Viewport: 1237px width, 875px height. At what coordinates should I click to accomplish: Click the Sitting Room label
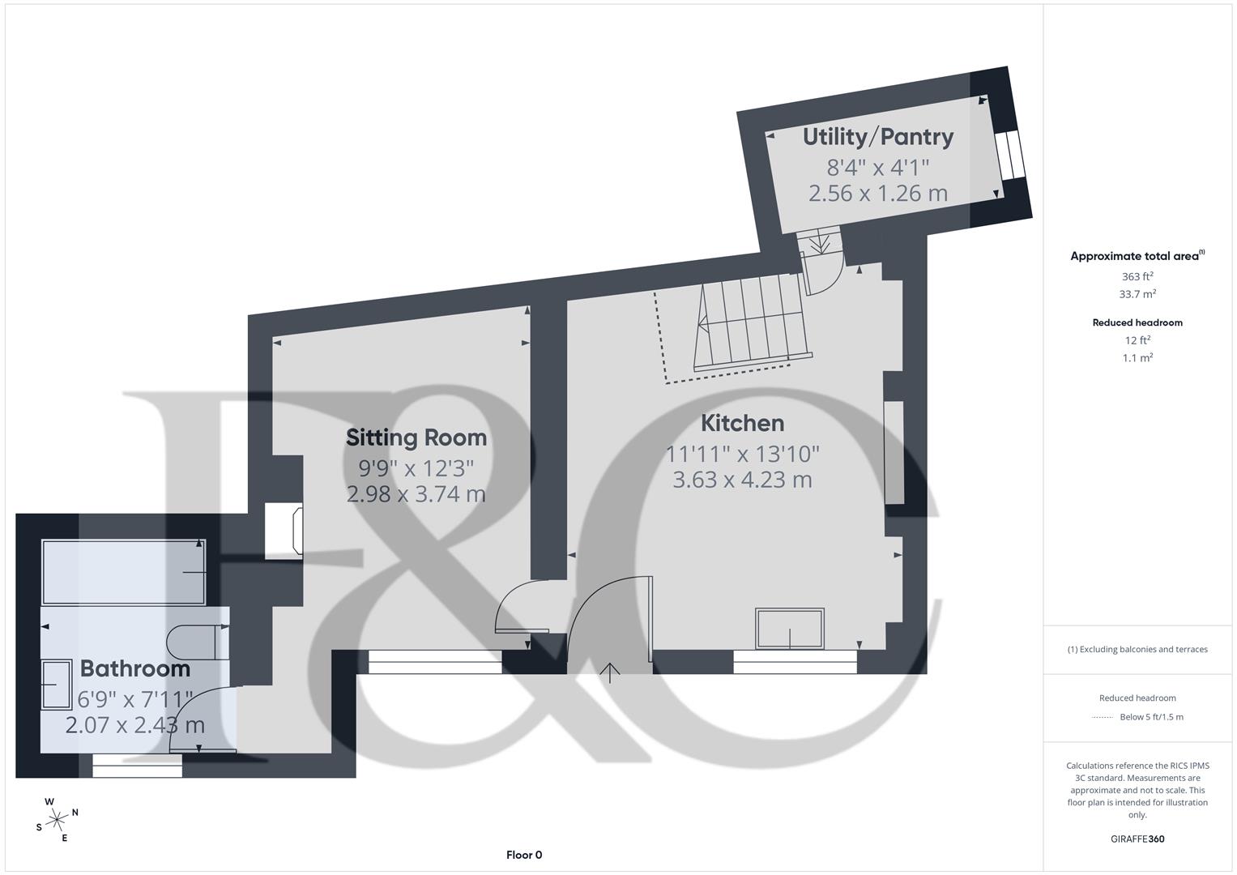pyautogui.click(x=416, y=437)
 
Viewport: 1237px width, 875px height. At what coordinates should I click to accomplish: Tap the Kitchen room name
pyautogui.click(x=742, y=423)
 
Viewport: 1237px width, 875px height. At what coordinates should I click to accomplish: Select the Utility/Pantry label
pyautogui.click(x=877, y=137)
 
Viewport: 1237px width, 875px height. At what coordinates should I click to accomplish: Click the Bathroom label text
pyautogui.click(x=135, y=668)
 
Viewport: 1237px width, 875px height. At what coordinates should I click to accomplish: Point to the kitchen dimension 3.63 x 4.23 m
pyautogui.click(x=742, y=480)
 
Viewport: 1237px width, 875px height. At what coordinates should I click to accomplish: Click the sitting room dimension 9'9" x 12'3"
pyautogui.click(x=416, y=467)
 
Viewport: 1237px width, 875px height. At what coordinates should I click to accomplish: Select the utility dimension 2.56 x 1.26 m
pyautogui.click(x=877, y=193)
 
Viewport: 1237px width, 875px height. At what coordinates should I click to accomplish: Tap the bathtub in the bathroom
pyautogui.click(x=123, y=572)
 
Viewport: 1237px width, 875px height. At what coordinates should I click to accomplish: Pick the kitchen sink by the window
pyautogui.click(x=789, y=629)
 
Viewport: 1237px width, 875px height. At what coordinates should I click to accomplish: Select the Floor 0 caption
pyautogui.click(x=523, y=855)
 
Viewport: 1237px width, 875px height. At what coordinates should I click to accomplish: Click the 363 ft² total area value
pyautogui.click(x=1137, y=276)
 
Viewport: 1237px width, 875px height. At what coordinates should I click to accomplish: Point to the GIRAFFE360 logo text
pyautogui.click(x=1137, y=839)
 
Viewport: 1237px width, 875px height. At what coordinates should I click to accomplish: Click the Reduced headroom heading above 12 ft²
pyautogui.click(x=1137, y=322)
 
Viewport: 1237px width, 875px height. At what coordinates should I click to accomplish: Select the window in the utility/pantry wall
pyautogui.click(x=1009, y=155)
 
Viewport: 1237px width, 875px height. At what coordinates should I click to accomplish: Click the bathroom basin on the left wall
pyautogui.click(x=56, y=685)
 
